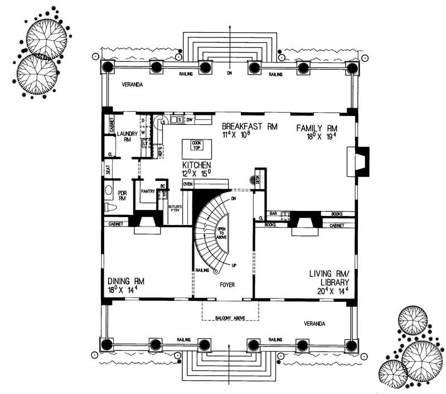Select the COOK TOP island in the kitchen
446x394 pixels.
coord(197,149)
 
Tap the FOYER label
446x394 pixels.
coord(226,285)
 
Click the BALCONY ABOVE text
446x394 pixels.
coord(230,318)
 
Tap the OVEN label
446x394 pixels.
coord(188,184)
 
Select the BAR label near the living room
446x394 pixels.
coord(274,214)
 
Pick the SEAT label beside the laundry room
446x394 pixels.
coord(109,168)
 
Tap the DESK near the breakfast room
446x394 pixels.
coord(258,179)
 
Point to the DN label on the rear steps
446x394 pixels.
coord(229,73)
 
